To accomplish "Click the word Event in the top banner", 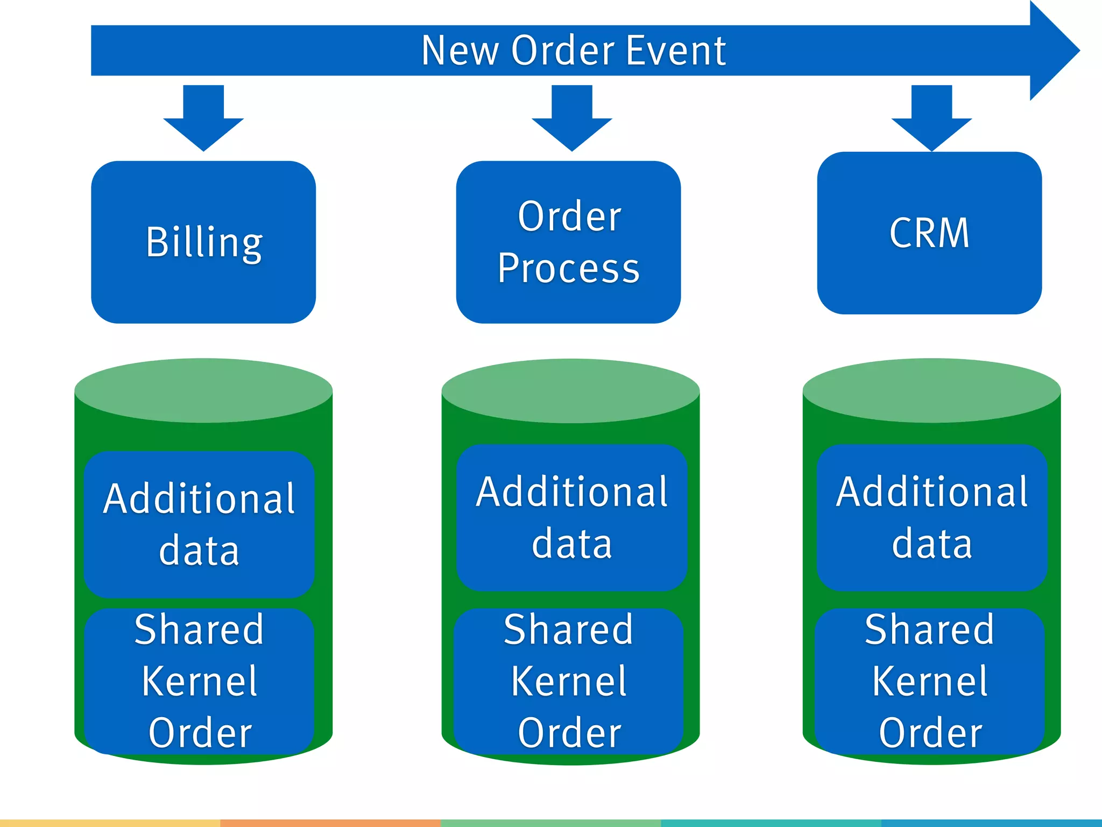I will coord(676,51).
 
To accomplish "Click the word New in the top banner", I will coord(460,51).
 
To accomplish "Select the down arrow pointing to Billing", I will coord(203,118).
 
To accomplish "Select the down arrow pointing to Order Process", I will coord(572,118).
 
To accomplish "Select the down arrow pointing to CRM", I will coord(931,118).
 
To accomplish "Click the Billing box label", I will coord(204,242).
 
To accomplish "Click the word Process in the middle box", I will coord(568,268).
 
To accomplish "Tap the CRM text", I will coord(929,233).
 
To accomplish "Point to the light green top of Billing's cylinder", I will coord(203,390).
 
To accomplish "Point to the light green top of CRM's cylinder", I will coord(931,390).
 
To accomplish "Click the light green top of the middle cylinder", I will coord(570,390).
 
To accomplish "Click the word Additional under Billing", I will coord(199,499).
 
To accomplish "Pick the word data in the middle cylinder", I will coord(571,544).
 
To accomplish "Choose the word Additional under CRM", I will coord(931,492).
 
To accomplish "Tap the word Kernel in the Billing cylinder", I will coord(200,682).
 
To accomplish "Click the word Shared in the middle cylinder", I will coord(568,629).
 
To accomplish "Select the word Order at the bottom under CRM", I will coord(930,733).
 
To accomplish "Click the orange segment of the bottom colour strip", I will coord(330,823).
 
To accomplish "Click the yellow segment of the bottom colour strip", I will coord(110,823).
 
